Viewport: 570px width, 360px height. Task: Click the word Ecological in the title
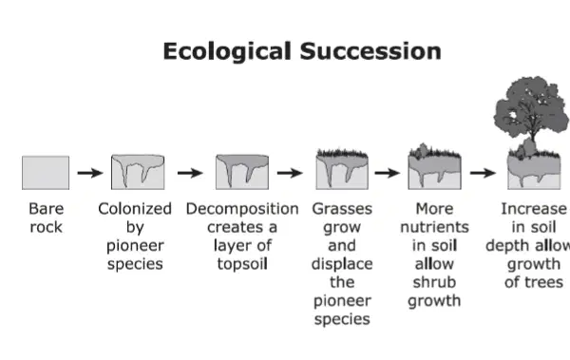pos(227,51)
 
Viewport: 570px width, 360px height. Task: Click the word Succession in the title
pos(370,51)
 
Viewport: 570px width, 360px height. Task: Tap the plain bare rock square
pos(46,173)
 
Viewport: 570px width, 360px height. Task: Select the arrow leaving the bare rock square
pos(90,173)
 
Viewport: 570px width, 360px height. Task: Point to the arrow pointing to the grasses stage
pos(290,173)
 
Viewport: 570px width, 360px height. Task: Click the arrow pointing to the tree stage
pos(483,173)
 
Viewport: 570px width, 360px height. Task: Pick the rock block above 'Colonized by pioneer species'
pos(138,172)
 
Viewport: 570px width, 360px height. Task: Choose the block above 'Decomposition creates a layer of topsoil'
pos(242,172)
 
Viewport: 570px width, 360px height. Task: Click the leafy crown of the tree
pos(531,106)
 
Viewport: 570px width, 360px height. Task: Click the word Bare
pos(47,209)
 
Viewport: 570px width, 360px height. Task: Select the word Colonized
pos(135,209)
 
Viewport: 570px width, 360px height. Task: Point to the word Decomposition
pos(242,210)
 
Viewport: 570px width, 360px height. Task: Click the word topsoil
pos(242,264)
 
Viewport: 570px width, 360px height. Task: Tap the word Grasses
pos(342,209)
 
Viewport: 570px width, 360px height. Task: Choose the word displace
pos(342,264)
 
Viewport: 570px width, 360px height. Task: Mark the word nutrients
pos(434,227)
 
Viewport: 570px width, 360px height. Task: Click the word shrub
pos(434,282)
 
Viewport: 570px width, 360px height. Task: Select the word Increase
pos(534,209)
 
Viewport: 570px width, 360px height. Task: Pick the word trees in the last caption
pos(543,282)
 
